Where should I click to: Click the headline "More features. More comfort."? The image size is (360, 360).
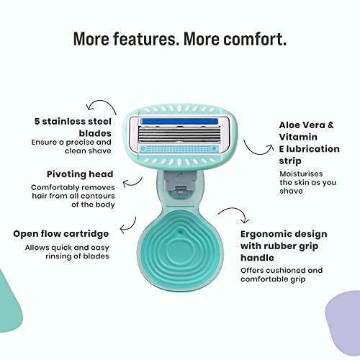(180, 39)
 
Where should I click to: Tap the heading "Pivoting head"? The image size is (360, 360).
(80, 174)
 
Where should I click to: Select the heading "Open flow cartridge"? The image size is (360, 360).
(61, 234)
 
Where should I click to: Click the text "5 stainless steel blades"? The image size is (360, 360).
(73, 127)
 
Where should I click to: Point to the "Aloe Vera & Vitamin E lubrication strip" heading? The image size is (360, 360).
(309, 143)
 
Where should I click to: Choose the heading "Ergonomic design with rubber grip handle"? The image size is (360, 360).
(284, 246)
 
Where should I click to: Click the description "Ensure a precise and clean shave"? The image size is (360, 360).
(71, 146)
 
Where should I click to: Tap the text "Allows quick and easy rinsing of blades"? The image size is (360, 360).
(67, 252)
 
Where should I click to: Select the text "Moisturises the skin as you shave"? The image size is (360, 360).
(307, 182)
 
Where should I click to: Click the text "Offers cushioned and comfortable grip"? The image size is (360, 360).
(282, 275)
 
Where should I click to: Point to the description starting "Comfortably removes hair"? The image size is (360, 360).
(73, 196)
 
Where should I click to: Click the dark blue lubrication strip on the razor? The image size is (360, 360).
(179, 122)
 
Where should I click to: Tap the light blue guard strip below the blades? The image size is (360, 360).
(179, 149)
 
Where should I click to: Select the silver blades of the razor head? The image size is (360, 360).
(179, 135)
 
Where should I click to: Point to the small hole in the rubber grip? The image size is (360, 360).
(181, 231)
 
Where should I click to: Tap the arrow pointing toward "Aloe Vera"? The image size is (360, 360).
(258, 148)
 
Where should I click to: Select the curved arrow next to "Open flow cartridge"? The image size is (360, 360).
(128, 226)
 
